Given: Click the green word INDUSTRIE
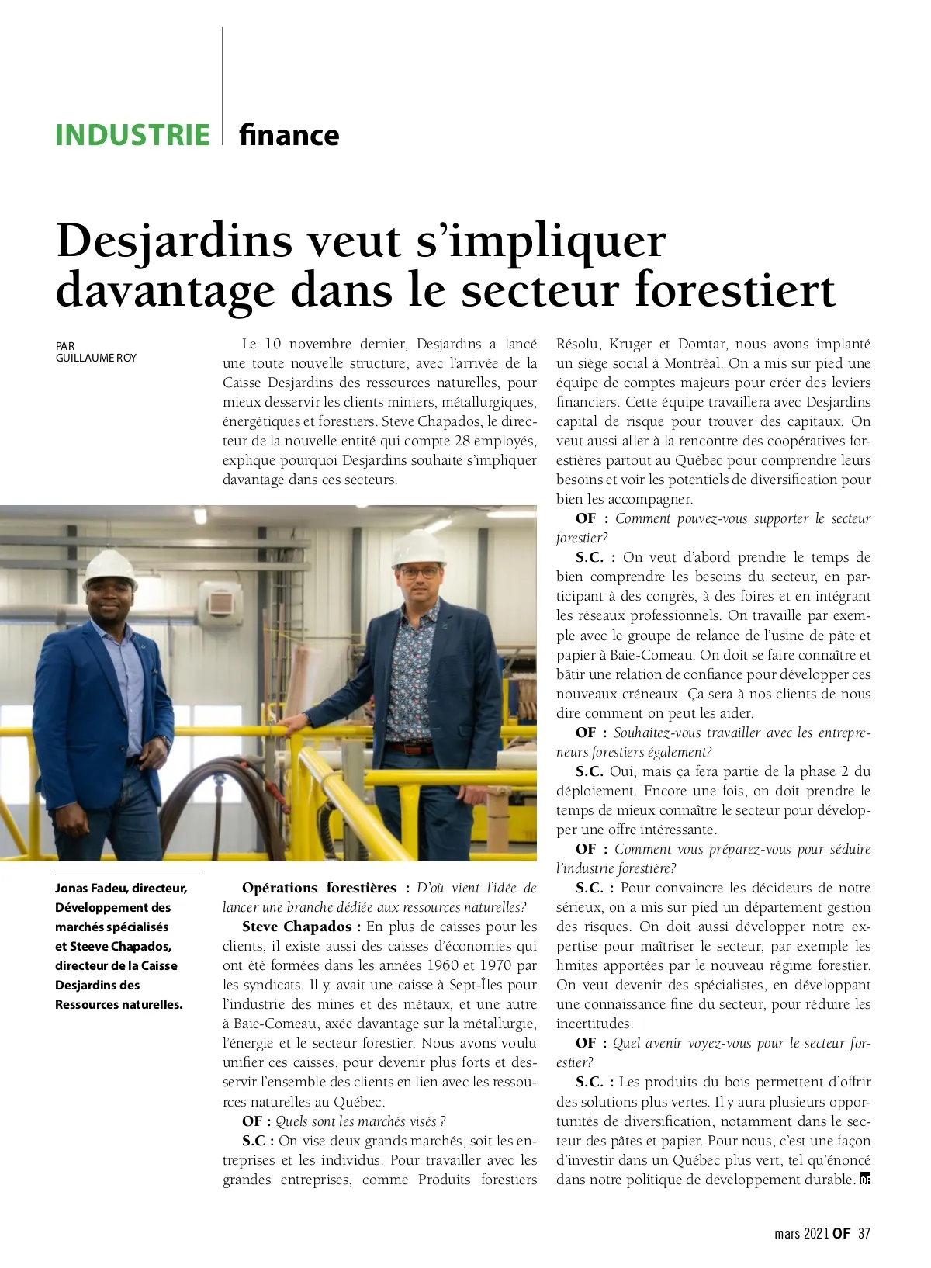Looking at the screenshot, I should pos(133,135).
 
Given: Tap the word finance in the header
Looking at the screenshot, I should pos(289,135).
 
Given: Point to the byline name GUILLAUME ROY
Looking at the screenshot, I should pos(96,358).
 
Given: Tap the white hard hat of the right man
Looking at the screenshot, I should pos(419,548).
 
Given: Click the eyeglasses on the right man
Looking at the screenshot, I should pos(419,572).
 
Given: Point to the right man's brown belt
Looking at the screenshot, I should pos(410,748).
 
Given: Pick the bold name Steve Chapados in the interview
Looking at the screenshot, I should pos(296,927).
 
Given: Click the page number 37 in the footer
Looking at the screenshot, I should pos(864,1233).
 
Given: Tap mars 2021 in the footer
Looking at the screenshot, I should pos(801,1233).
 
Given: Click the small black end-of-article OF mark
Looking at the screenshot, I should pos(866,1180).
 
